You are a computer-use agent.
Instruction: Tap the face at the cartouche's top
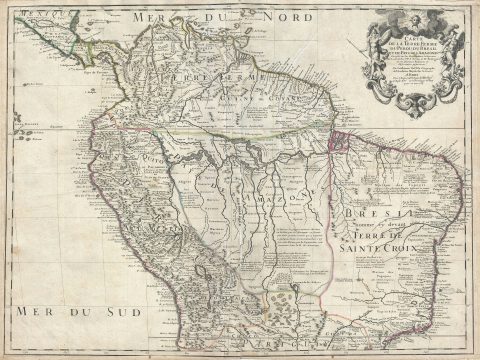[413, 13]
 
